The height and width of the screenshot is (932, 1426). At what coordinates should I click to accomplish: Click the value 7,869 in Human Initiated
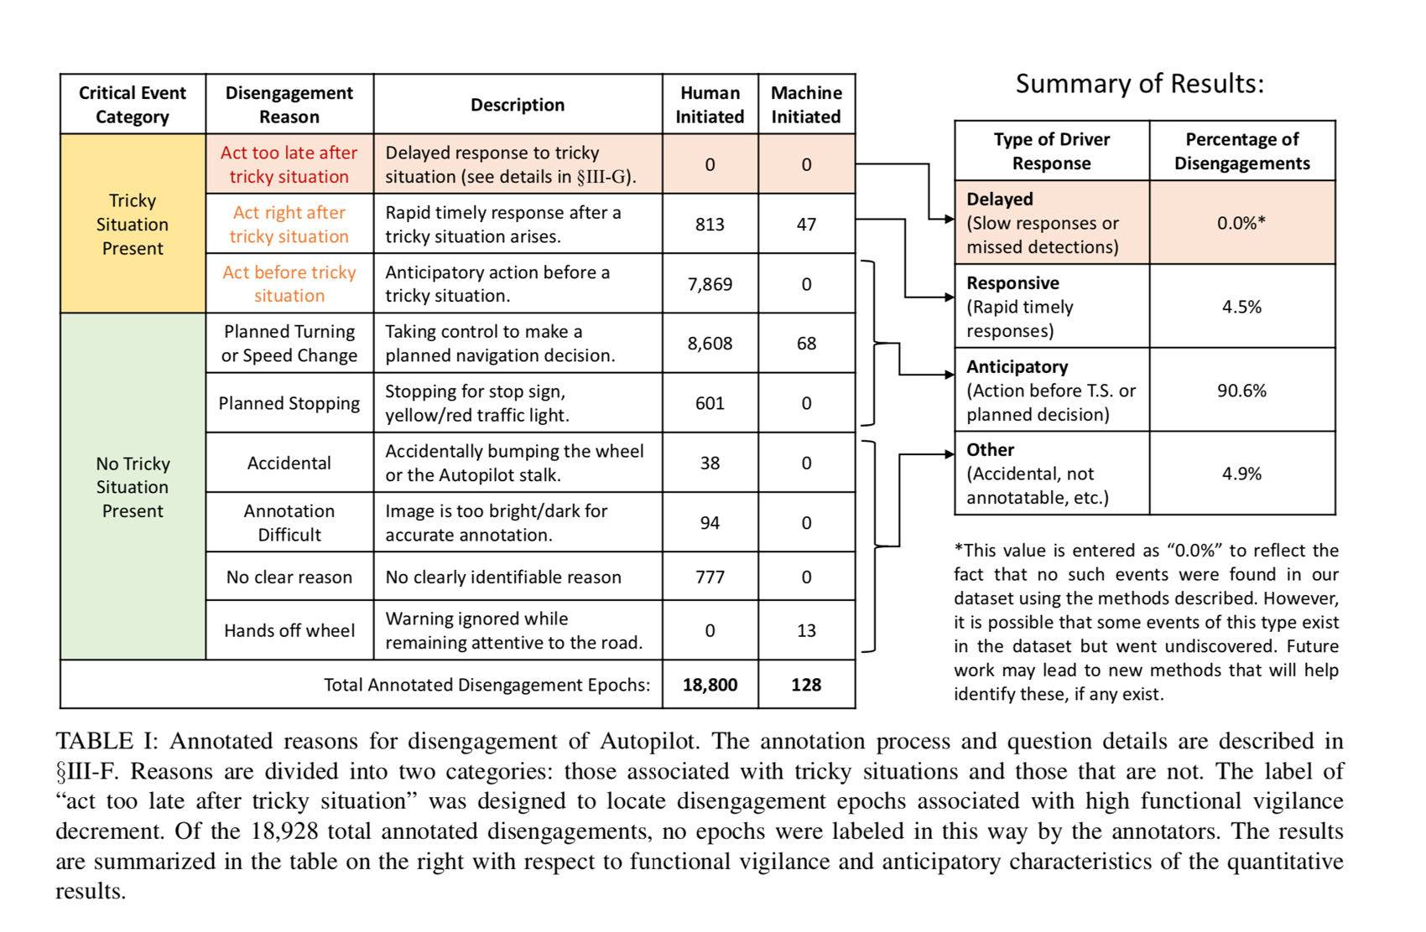[x=710, y=284]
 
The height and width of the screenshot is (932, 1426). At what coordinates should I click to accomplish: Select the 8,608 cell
[x=710, y=344]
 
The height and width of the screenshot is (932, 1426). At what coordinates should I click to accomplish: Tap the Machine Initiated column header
[x=806, y=105]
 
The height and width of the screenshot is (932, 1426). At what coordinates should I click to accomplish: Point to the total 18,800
[x=710, y=685]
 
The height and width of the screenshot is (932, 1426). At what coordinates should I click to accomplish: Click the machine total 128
[x=806, y=685]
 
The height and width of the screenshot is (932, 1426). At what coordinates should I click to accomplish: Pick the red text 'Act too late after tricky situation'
[x=289, y=164]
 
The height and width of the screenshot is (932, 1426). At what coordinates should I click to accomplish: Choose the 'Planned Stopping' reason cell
[x=289, y=403]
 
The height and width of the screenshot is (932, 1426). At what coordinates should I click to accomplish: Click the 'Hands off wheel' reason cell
[x=289, y=630]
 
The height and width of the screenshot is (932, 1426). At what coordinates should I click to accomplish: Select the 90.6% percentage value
[x=1241, y=391]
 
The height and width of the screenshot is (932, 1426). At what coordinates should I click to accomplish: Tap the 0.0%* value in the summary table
[x=1241, y=223]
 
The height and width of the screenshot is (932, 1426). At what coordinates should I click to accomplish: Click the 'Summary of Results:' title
[x=1139, y=84]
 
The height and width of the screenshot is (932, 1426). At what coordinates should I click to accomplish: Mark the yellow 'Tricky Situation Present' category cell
[x=133, y=224]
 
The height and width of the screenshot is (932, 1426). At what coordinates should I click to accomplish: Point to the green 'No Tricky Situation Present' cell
[x=133, y=487]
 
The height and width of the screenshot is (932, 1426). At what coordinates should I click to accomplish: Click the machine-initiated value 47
[x=806, y=225]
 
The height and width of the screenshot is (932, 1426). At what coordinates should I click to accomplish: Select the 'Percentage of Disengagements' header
[x=1241, y=152]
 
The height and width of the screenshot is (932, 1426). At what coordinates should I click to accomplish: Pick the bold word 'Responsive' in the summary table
[x=1012, y=283]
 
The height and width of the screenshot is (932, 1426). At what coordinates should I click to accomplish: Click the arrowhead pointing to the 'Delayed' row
[x=949, y=220]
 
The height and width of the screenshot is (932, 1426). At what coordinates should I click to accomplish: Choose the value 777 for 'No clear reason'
[x=710, y=577]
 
